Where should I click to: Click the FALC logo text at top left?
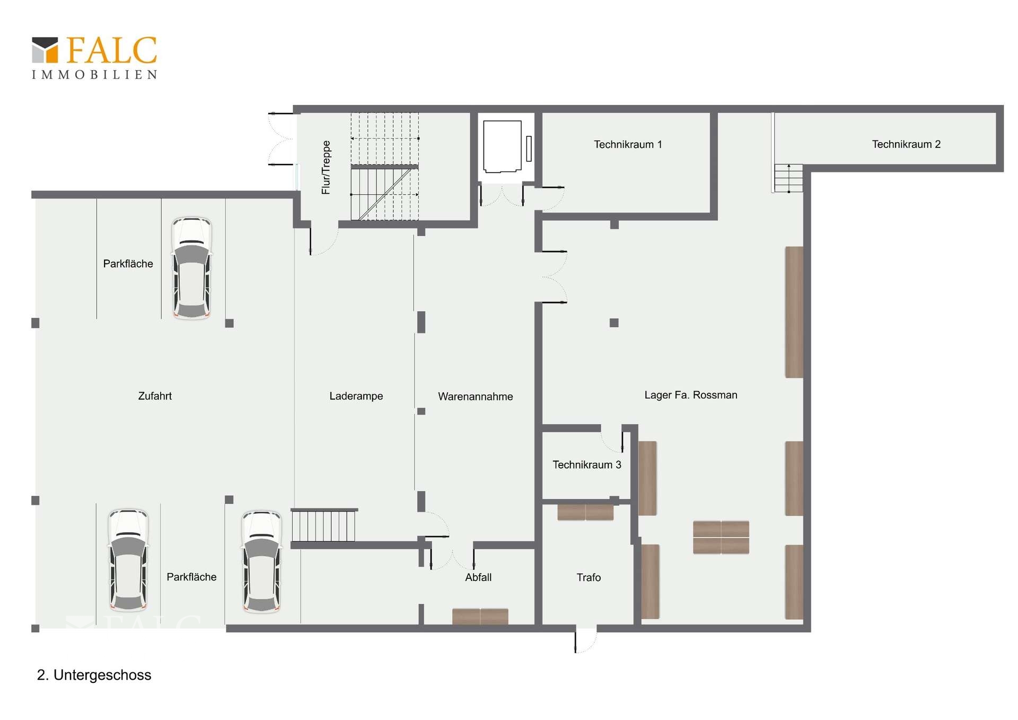tap(111, 50)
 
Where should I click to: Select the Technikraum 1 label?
tap(628, 144)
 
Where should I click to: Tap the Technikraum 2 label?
tap(906, 144)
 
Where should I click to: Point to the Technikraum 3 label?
tap(586, 465)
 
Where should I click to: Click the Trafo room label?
tap(589, 577)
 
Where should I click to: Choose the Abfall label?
tap(478, 577)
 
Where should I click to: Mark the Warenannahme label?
tap(475, 396)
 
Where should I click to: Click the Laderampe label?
tap(356, 396)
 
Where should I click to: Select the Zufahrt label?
tap(154, 396)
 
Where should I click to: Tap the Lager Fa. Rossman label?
tap(690, 395)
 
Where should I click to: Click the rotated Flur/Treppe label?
tap(326, 167)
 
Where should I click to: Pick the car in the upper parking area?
tap(191, 268)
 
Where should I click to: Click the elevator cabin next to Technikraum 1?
tap(502, 146)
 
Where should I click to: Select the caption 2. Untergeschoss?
tap(94, 675)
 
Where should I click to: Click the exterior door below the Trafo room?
tap(585, 639)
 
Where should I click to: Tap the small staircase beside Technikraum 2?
tap(788, 178)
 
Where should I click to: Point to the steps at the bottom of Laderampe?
tap(323, 525)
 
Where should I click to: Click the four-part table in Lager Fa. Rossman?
tap(721, 537)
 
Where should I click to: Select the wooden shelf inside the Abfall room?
tap(480, 616)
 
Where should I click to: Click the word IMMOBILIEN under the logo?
tap(94, 75)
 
